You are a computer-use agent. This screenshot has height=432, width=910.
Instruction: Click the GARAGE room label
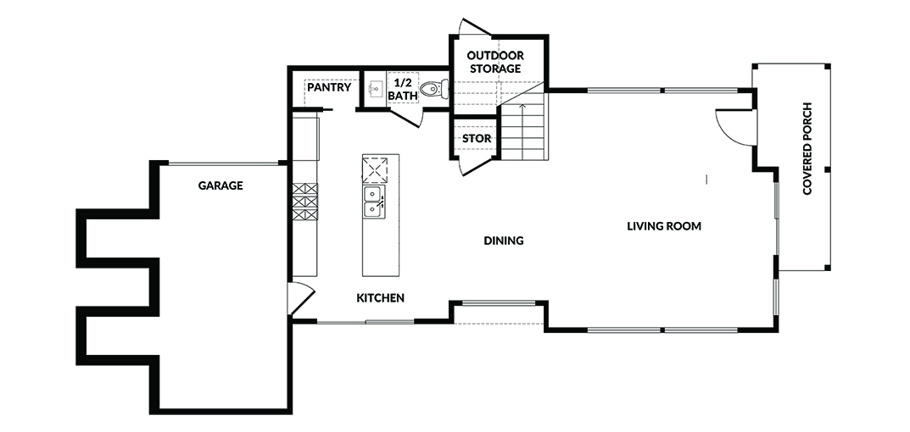coord(221,186)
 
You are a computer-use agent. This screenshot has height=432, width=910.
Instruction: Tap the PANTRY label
coord(329,87)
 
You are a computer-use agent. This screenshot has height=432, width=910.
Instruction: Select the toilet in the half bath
coord(434,89)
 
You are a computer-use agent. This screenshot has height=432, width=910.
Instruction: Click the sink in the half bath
coord(376,89)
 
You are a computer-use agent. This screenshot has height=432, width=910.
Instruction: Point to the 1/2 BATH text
coord(403,89)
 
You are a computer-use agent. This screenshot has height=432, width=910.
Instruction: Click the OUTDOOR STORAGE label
coord(495,62)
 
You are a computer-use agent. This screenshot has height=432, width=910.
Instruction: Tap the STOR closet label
coord(477,139)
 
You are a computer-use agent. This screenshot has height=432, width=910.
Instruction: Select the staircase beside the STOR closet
coord(523,131)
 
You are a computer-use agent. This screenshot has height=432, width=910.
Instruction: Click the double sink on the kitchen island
coord(372,202)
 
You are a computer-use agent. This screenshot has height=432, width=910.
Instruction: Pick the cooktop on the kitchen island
coord(374,170)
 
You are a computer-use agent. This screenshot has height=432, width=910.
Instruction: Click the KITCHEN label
coord(380,299)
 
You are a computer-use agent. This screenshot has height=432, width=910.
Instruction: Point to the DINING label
coord(504,241)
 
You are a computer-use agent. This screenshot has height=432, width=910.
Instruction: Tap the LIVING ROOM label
coord(664,226)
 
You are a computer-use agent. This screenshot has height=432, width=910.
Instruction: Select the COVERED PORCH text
coord(807,149)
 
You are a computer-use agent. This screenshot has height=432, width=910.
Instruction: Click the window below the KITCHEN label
coord(366,322)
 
